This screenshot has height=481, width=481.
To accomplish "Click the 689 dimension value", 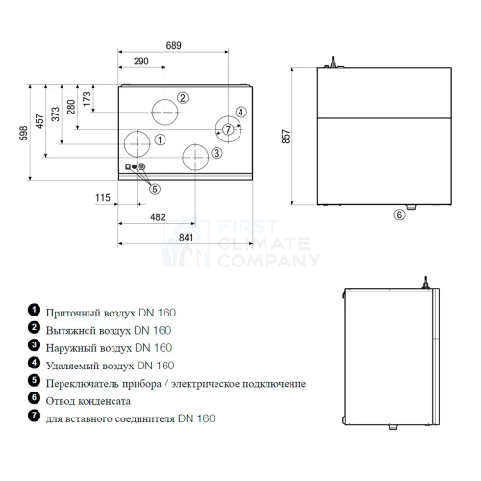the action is pos(173,45).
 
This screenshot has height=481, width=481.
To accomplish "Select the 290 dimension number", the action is pos(141,62).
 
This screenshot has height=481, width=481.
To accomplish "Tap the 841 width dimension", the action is pos(186,238).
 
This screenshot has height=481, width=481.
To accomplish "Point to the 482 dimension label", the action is pos(158,217).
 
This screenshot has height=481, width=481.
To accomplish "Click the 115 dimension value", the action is pos(103,198).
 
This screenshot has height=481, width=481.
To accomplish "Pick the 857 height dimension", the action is pos(286,137).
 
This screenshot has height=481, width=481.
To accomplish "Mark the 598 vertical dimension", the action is pos(23,133).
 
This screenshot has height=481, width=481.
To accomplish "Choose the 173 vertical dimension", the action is pos(87,99).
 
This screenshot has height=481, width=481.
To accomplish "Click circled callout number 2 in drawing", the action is pos(183,98).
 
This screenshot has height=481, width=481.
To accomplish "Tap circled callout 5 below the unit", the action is pos(155,190).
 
